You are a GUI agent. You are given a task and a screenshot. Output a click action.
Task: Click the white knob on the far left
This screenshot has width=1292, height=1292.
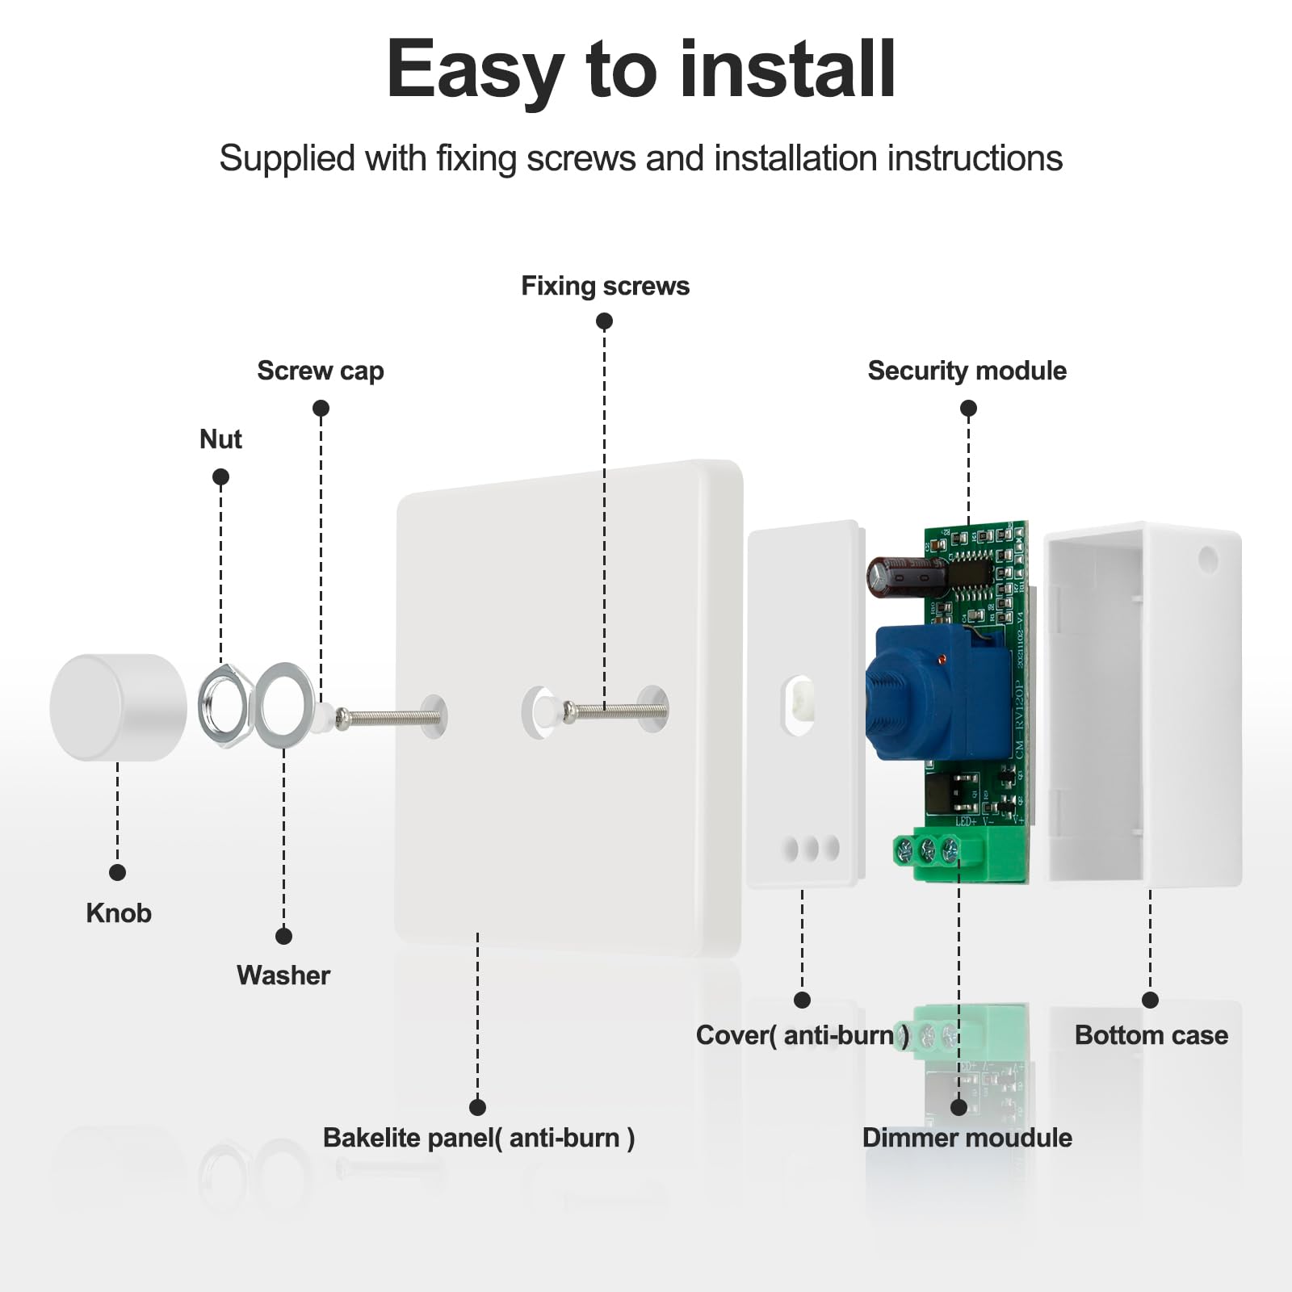point(117,707)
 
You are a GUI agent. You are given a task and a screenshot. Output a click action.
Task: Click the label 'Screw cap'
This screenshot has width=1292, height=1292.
point(321,371)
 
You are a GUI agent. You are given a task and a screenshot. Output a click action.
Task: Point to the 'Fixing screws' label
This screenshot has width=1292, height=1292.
point(605,286)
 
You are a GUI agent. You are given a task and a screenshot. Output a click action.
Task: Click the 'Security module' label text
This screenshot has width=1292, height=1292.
point(967,371)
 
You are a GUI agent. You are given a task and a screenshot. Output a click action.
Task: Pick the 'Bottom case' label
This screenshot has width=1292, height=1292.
point(1151,1035)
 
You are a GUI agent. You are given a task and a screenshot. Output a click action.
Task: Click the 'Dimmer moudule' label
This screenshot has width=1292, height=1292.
point(967,1138)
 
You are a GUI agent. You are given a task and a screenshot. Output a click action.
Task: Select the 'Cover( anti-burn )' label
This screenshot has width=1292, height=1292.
point(802,1035)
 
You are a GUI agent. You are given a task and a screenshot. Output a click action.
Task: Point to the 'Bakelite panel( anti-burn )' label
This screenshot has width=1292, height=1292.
point(478,1138)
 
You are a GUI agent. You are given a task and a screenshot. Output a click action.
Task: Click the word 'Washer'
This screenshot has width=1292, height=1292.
point(283,975)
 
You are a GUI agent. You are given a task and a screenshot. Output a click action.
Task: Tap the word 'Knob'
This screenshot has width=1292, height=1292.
point(119,913)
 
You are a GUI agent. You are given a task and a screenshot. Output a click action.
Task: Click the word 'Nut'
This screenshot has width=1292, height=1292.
point(220,439)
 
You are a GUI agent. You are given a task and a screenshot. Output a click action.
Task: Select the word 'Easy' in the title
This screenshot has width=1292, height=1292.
point(475,71)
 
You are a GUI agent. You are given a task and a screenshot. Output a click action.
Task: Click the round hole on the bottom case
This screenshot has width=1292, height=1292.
point(1208,558)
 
